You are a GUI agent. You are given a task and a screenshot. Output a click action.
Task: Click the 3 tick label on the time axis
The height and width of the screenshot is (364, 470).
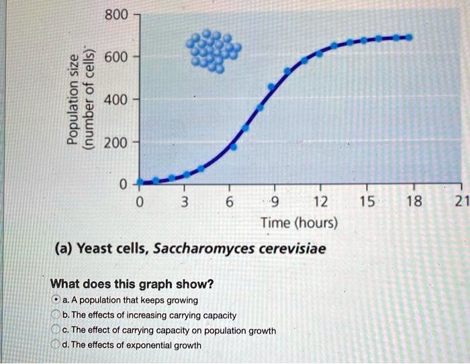pyautogui.click(x=183, y=201)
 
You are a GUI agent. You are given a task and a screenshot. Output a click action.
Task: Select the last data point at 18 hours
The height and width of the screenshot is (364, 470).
pyautogui.click(x=409, y=37)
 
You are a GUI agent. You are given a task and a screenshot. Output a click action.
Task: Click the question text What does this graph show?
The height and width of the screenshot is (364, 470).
pyautogui.click(x=132, y=284)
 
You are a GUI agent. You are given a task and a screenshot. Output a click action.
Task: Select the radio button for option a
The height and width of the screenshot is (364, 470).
pyautogui.click(x=56, y=300)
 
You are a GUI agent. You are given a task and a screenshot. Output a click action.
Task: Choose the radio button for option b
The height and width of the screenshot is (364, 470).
pyautogui.click(x=56, y=315)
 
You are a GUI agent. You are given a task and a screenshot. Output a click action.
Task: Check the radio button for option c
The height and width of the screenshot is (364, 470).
pyautogui.click(x=56, y=330)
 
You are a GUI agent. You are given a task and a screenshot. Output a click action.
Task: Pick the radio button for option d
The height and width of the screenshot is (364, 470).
pyautogui.click(x=56, y=345)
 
